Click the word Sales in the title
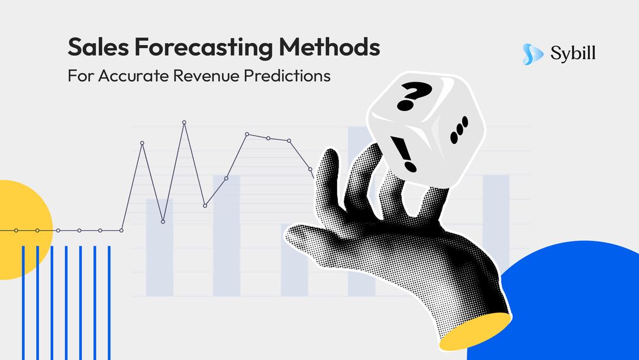click(93, 47)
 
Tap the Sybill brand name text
click(573, 54)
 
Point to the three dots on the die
click(459, 131)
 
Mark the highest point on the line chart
click(184, 123)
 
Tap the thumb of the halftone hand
click(308, 237)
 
